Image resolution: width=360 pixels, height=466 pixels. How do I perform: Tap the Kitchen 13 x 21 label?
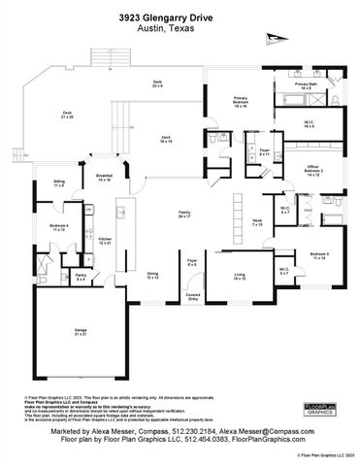click(105, 241)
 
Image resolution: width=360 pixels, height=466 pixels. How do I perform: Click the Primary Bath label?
click(307, 85)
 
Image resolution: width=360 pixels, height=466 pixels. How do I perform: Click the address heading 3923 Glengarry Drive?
click(180, 17)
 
